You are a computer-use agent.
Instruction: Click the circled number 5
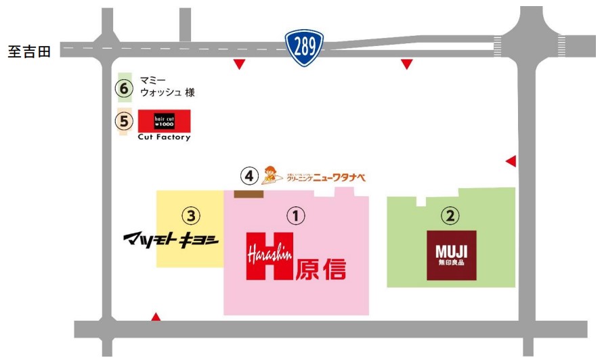tap(123, 121)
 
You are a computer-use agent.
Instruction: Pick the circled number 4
tap(250, 176)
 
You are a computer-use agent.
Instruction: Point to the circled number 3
tap(192, 216)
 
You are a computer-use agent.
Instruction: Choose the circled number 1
tap(296, 216)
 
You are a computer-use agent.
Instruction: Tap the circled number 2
tap(450, 216)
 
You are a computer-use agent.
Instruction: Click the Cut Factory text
tap(164, 137)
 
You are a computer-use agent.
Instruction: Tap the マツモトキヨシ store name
tap(169, 240)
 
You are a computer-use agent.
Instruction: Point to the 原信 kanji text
tap(320, 268)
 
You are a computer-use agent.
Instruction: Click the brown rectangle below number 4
tap(249, 194)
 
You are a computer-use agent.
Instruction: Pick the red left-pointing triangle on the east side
tap(511, 161)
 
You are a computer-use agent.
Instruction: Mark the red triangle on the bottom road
tap(156, 317)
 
